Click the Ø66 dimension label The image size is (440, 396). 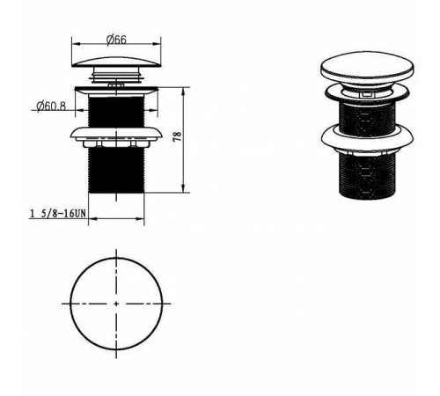(116, 40)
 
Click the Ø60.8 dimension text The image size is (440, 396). (51, 106)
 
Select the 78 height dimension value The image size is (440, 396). (178, 137)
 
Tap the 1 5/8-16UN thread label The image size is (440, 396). (58, 213)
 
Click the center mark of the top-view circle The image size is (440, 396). (116, 304)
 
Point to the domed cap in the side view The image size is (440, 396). (116, 62)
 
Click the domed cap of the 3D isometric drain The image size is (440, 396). (367, 67)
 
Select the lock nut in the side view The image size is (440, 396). (116, 137)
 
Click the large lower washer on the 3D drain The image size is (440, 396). (367, 137)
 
